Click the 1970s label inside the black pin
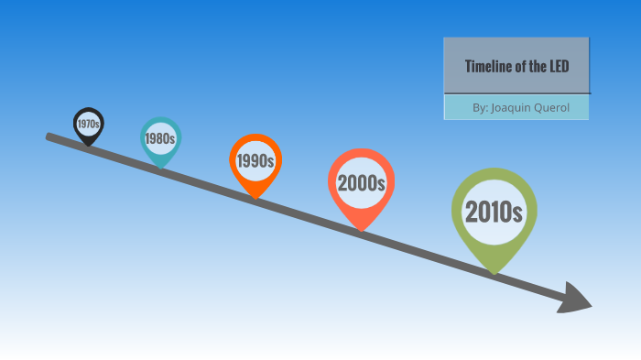pyautogui.click(x=89, y=123)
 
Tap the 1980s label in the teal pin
pyautogui.click(x=159, y=139)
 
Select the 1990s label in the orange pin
pyautogui.click(x=255, y=161)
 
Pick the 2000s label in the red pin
pyautogui.click(x=361, y=182)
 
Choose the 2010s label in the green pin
pyautogui.click(x=494, y=212)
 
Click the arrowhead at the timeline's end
pyautogui.click(x=578, y=300)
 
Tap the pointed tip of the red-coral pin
pyautogui.click(x=362, y=230)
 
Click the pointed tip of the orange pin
pyautogui.click(x=255, y=197)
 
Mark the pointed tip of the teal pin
pyautogui.click(x=161, y=167)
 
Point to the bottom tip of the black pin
pyautogui.click(x=89, y=145)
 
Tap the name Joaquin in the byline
pyautogui.click(x=510, y=108)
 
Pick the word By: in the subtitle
pyautogui.click(x=480, y=108)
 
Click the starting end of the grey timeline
pyautogui.click(x=49, y=136)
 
